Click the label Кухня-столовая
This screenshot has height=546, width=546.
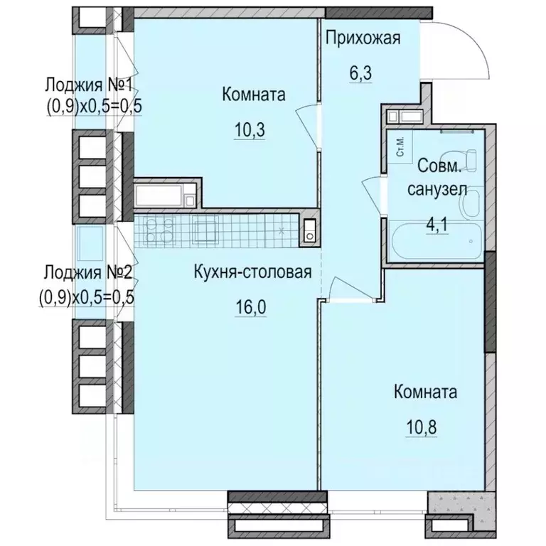click(x=253, y=272)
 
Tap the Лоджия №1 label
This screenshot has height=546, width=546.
click(x=90, y=85)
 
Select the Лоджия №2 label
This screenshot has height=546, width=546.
click(x=88, y=272)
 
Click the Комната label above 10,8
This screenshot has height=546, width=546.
click(x=424, y=392)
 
